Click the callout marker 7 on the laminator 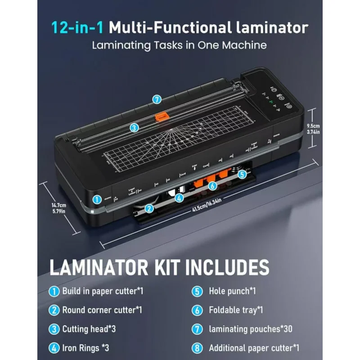coord(157,99)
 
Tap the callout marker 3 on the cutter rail coord(134,128)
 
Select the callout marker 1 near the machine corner coord(96,198)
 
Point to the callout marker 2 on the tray coord(149,208)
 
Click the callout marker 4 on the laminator coord(179,198)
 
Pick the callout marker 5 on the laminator coord(242,174)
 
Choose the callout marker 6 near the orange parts coord(212,185)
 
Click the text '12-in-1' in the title coord(77,28)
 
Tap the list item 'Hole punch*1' coord(232,291)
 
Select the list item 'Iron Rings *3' coord(85,348)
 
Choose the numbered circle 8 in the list coord(197,348)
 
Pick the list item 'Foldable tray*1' coord(236,310)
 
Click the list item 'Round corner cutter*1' coord(102,310)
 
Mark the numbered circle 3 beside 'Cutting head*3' coord(54,329)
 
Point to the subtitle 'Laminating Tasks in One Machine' coord(180,45)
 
